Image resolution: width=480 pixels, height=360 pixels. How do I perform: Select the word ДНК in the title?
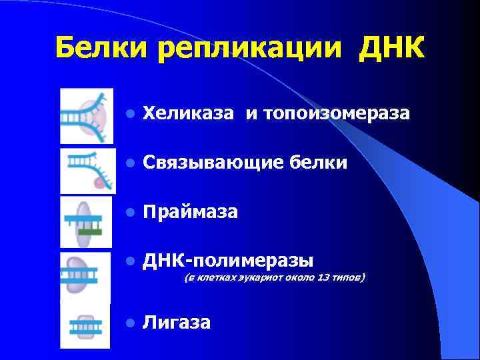pyautogui.click(x=391, y=47)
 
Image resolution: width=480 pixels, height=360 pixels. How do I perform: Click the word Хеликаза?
pyautogui.click(x=189, y=114)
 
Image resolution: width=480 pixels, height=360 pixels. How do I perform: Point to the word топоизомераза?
pyautogui.click(x=337, y=114)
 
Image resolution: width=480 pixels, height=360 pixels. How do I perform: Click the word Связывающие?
pyautogui.click(x=211, y=163)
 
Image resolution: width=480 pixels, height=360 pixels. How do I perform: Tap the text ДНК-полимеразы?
pyautogui.click(x=228, y=259)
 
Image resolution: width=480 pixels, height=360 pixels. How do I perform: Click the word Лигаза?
pyautogui.click(x=177, y=323)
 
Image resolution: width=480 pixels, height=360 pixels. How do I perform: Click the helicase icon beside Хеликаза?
pyautogui.click(x=86, y=115)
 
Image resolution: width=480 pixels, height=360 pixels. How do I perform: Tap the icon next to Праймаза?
pyautogui.click(x=86, y=222)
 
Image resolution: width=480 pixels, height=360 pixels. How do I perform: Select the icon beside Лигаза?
pyautogui.click(x=85, y=325)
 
